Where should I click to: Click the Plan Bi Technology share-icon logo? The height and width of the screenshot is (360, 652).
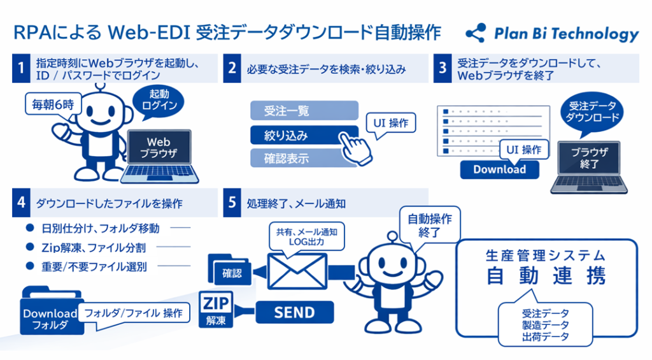point(475,32)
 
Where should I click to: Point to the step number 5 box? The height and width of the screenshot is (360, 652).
point(232,203)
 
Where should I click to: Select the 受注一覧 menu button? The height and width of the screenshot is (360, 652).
point(304,111)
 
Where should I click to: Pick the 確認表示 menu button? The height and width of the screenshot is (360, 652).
point(304,158)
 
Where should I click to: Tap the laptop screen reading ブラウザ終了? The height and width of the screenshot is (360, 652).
point(585,158)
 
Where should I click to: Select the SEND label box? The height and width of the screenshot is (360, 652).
point(294,312)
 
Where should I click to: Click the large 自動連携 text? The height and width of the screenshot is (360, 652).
point(547,276)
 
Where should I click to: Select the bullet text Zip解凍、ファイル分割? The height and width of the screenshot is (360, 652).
point(94,247)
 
